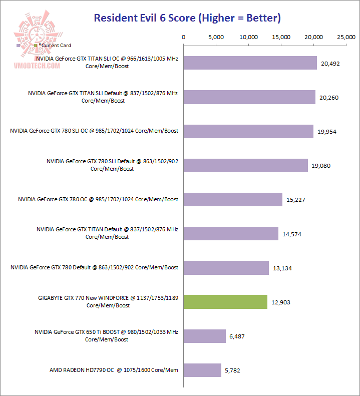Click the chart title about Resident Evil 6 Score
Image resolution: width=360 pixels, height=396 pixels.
(x=187, y=19)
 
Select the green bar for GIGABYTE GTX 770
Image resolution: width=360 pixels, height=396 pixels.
(x=225, y=302)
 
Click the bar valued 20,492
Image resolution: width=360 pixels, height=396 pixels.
(x=250, y=63)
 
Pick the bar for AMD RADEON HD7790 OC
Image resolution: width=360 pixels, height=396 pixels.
(x=202, y=370)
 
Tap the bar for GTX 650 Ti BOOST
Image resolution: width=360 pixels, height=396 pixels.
(x=205, y=336)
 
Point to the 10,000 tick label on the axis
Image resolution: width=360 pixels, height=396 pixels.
(x=248, y=37)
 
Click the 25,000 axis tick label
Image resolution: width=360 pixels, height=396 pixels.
(x=346, y=37)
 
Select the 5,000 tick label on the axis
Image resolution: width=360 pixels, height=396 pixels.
(x=216, y=37)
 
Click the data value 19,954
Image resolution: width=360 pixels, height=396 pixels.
(x=328, y=131)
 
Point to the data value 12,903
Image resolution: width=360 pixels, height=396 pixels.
(x=280, y=302)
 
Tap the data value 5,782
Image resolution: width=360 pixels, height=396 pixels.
(x=235, y=370)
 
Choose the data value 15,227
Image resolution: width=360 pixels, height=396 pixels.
(x=295, y=200)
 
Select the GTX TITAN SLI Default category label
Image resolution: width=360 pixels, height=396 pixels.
(x=103, y=97)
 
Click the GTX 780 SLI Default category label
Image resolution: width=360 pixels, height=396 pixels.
(x=112, y=165)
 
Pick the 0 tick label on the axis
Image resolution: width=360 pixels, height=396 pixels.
(x=184, y=37)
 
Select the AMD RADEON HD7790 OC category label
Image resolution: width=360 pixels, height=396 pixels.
(x=114, y=370)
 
